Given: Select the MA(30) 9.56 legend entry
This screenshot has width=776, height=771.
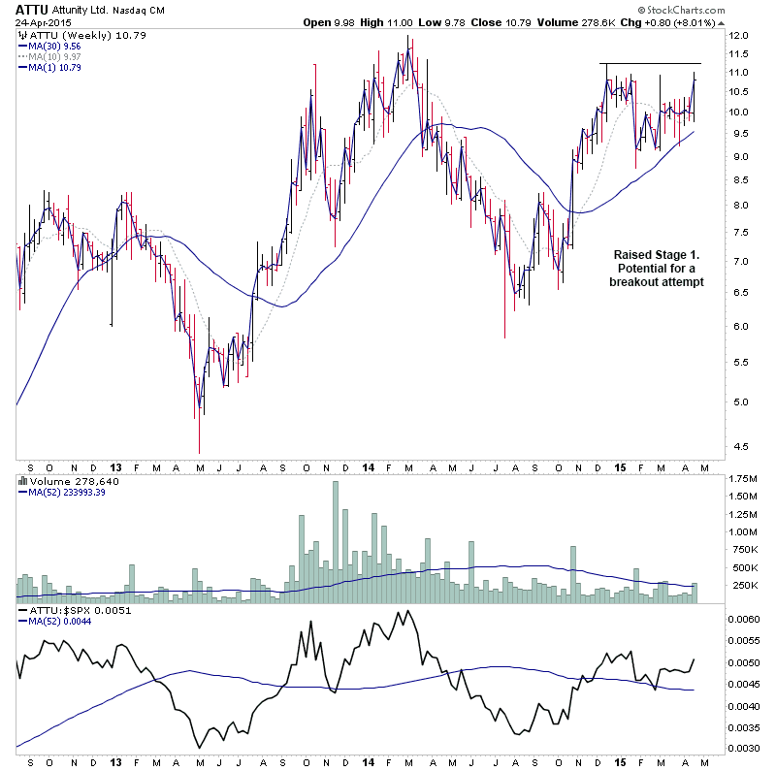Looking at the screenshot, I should point(55,46).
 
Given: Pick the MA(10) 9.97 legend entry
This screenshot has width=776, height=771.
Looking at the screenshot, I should point(55,56).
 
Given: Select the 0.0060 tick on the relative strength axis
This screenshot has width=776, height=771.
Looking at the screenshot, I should point(748,618).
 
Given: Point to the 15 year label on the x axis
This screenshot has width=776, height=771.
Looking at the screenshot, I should point(617,465).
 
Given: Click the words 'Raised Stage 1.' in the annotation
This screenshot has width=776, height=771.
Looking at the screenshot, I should point(656,254).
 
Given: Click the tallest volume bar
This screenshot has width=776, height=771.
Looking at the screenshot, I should point(336,542).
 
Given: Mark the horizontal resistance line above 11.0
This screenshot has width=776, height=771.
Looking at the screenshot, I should point(650,64).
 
